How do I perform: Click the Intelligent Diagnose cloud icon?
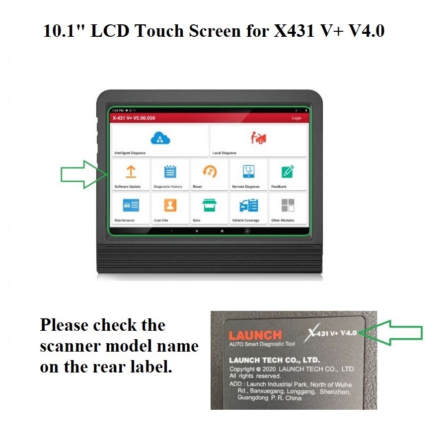[160, 138]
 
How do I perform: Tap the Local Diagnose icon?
[258, 138]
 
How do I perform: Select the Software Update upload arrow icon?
[131, 172]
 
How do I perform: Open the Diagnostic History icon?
[170, 172]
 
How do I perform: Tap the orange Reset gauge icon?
[210, 172]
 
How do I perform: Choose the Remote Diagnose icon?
[248, 172]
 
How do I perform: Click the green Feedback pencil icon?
[288, 172]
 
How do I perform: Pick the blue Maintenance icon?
[131, 205]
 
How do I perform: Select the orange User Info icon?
[170, 205]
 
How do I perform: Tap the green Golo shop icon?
[210, 205]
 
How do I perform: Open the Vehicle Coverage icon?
[248, 205]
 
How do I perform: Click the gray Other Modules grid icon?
[288, 205]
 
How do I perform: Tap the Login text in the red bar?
[297, 118]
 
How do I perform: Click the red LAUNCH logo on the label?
[255, 335]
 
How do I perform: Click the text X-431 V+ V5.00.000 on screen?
[134, 118]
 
